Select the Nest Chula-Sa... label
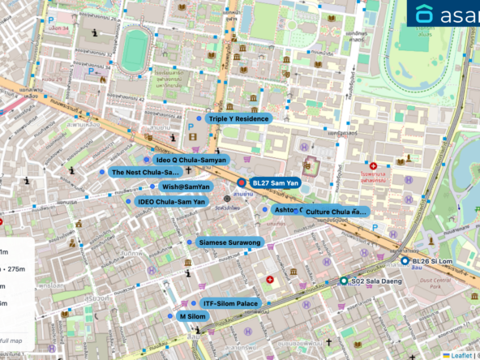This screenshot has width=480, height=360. (145, 173)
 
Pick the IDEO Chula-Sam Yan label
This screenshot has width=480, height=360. (170, 201)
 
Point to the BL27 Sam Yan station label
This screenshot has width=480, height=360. (275, 183)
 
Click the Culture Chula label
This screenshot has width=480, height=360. (336, 212)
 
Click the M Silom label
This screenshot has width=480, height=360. (192, 316)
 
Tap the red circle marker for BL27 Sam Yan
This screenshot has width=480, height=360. (241, 183)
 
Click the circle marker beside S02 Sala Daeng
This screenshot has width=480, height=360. (344, 281)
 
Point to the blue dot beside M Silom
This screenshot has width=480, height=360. (170, 316)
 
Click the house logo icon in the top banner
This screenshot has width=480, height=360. (425, 14)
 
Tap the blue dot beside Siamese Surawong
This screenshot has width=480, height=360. (190, 242)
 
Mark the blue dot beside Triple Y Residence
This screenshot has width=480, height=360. (198, 118)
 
